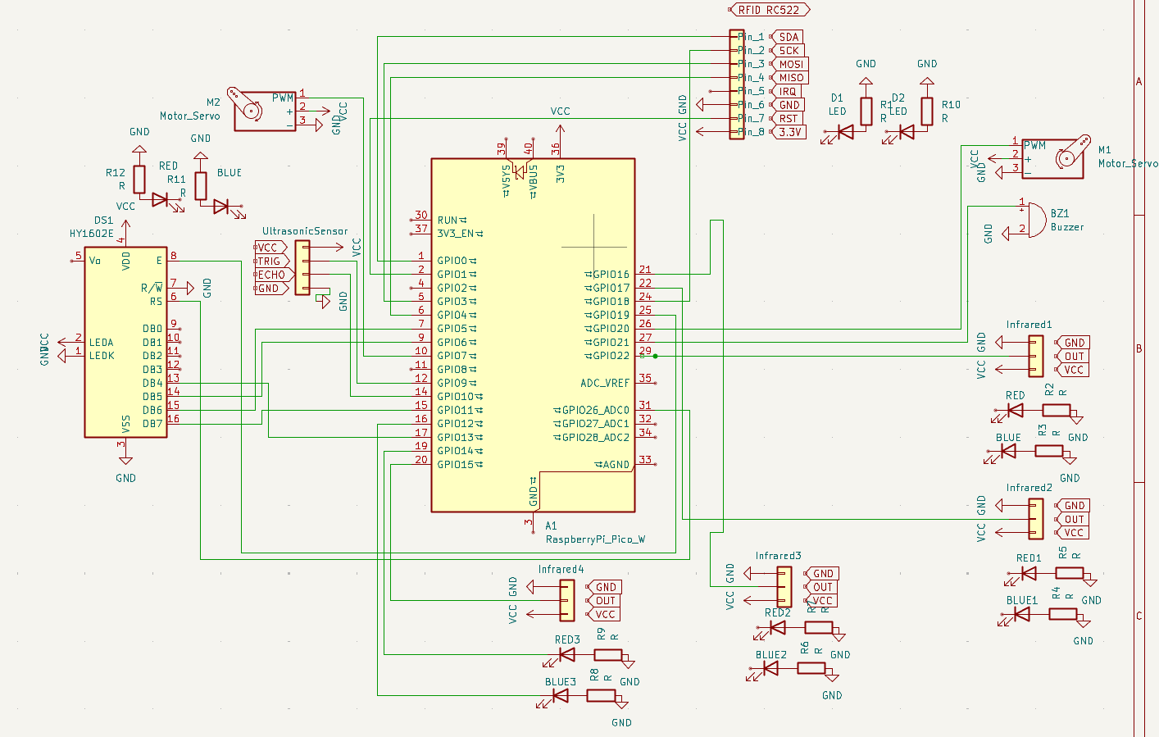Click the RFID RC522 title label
[x=769, y=10]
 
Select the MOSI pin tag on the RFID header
[x=790, y=64]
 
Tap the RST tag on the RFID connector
[x=788, y=118]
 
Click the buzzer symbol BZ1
[x=1034, y=219]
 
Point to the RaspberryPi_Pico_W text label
[x=595, y=539]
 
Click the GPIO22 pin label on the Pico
[x=611, y=356]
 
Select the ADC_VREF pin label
[x=605, y=383]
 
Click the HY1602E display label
[x=91, y=234]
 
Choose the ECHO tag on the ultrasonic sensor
[x=271, y=275]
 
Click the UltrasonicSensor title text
[x=305, y=231]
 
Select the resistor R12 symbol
[x=139, y=180]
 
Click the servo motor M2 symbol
[x=264, y=111]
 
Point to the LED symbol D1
[x=844, y=131]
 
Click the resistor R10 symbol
[x=927, y=111]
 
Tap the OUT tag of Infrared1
[x=1074, y=357]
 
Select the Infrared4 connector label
[x=561, y=569]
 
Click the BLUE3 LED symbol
[x=561, y=695]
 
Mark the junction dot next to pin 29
[x=655, y=356]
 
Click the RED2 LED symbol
[x=776, y=628]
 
